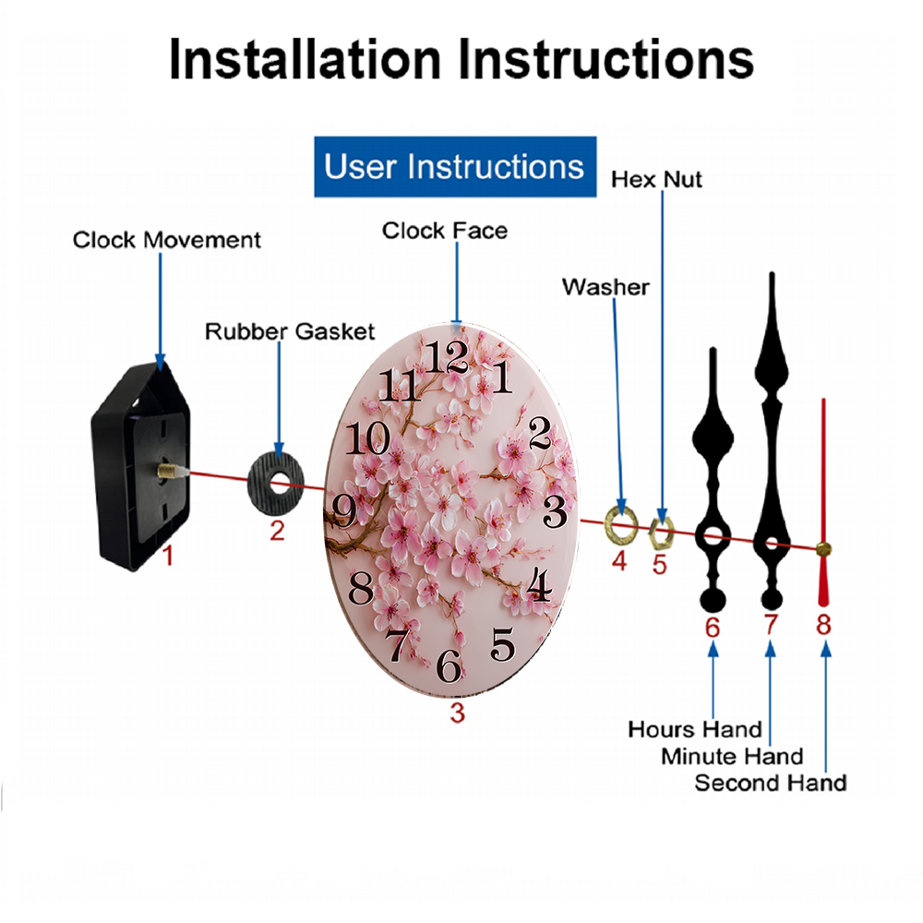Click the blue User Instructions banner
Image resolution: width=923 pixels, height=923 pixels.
455,166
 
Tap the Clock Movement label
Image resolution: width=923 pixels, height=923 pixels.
166,240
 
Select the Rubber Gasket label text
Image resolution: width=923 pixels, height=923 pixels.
290,331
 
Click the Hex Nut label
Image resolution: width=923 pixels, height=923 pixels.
656,180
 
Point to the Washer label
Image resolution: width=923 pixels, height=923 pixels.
605,287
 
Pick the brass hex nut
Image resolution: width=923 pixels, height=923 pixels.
661,533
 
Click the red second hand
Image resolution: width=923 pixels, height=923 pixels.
823,502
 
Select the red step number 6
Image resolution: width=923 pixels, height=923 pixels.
713,628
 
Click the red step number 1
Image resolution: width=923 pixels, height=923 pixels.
168,556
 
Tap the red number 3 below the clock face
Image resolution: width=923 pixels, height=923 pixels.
458,713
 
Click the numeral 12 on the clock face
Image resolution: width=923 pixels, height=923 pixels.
448,357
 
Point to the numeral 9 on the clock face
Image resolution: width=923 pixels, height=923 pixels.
344,510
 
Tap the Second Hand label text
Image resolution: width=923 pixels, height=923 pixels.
771,783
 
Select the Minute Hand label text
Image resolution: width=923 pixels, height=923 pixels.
732,757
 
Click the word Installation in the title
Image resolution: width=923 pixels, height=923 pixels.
305,59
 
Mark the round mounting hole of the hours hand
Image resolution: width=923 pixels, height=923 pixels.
713,536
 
